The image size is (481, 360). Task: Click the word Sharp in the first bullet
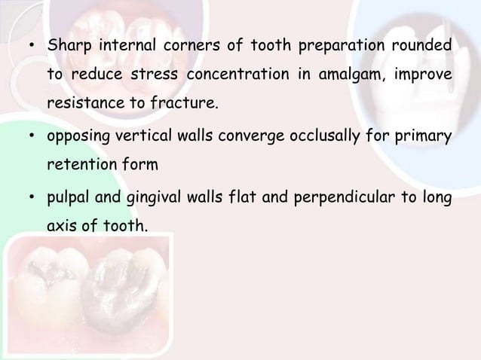point(67,47)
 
